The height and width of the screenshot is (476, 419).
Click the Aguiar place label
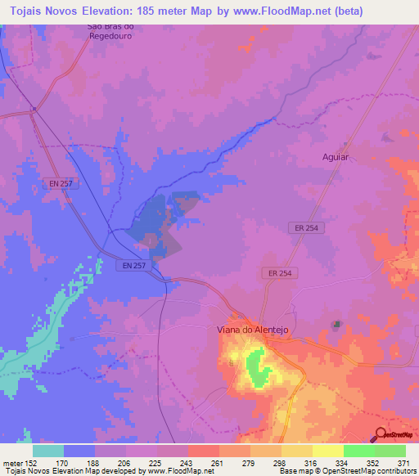[335, 155]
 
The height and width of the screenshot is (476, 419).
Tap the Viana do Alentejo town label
[253, 329]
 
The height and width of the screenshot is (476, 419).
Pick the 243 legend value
[187, 462]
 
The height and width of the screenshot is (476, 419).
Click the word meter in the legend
[12, 462]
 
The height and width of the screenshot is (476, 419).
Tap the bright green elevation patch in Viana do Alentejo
[257, 366]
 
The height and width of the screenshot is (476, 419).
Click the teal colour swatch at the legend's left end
[48, 451]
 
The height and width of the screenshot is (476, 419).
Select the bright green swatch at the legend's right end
[390, 451]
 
